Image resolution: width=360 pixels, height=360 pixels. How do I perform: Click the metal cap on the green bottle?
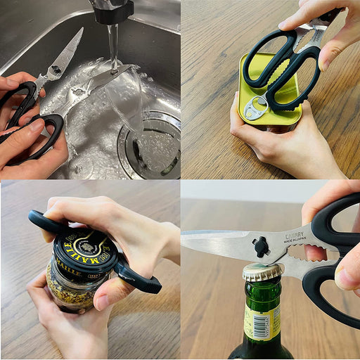click(x=264, y=271)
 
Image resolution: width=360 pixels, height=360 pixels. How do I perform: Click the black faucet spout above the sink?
click(x=112, y=11)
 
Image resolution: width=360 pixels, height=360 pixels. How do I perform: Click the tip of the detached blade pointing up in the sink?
click(x=80, y=30)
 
